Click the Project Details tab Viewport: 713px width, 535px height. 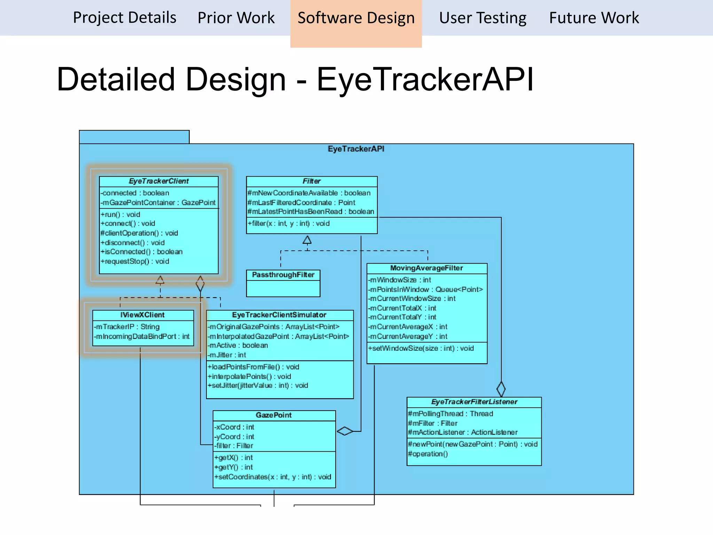pyautogui.click(x=125, y=17)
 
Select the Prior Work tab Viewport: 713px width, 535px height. pyautogui.click(x=236, y=17)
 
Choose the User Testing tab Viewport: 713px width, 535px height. pyautogui.click(x=483, y=17)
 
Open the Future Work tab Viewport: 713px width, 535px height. pyautogui.click(x=594, y=17)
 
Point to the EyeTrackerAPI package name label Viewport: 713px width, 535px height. pyautogui.click(x=356, y=149)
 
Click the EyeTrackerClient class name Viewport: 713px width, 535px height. pyautogui.click(x=159, y=181)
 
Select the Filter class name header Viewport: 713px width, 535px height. pyautogui.click(x=311, y=181)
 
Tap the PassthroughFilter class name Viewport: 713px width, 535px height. pyautogui.click(x=283, y=275)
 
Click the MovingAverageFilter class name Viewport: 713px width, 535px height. pyautogui.click(x=426, y=268)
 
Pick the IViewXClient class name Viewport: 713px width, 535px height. pyautogui.click(x=142, y=315)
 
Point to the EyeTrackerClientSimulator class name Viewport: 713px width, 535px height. pyautogui.click(x=279, y=315)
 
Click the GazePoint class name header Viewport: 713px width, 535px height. pyautogui.click(x=274, y=415)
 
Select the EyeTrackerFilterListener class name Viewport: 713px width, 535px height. pyautogui.click(x=474, y=402)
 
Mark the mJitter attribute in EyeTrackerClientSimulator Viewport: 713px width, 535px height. pyautogui.click(x=227, y=355)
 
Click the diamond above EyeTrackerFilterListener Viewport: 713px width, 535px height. pyautogui.click(x=501, y=389)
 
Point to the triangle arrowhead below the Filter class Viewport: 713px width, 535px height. pyautogui.click(x=307, y=240)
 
